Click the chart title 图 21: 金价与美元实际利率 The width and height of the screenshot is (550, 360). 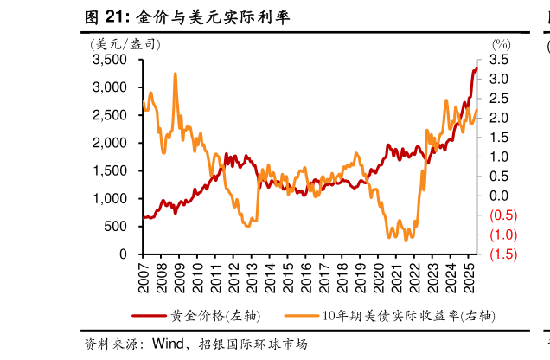[187, 15]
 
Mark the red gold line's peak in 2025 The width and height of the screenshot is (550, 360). [476, 68]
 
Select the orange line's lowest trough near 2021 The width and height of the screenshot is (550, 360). [406, 240]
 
